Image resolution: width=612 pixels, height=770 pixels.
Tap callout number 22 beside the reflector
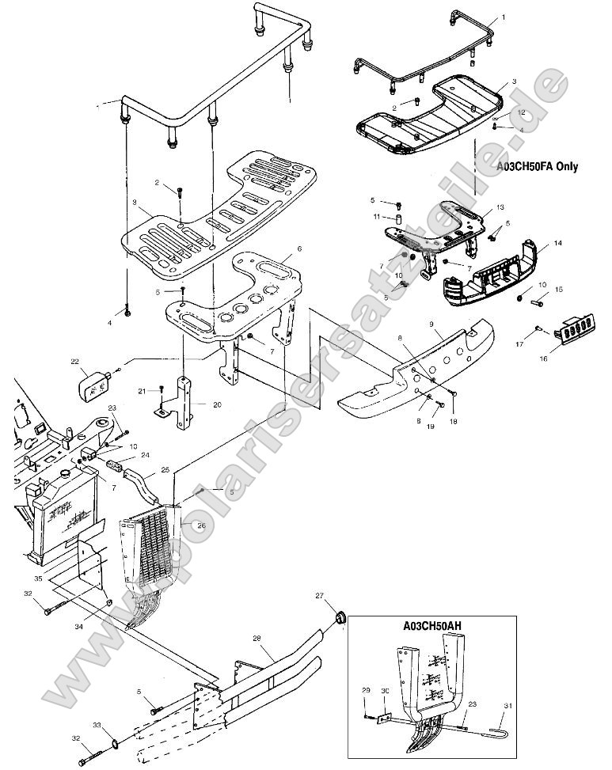click(74, 362)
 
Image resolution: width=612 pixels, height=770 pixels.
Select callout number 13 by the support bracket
click(499, 207)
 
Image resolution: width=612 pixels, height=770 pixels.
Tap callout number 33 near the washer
click(97, 725)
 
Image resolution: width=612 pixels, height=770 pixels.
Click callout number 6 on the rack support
click(299, 249)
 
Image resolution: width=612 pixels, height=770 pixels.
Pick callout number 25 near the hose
click(165, 470)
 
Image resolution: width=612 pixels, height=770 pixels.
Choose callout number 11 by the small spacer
click(378, 216)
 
